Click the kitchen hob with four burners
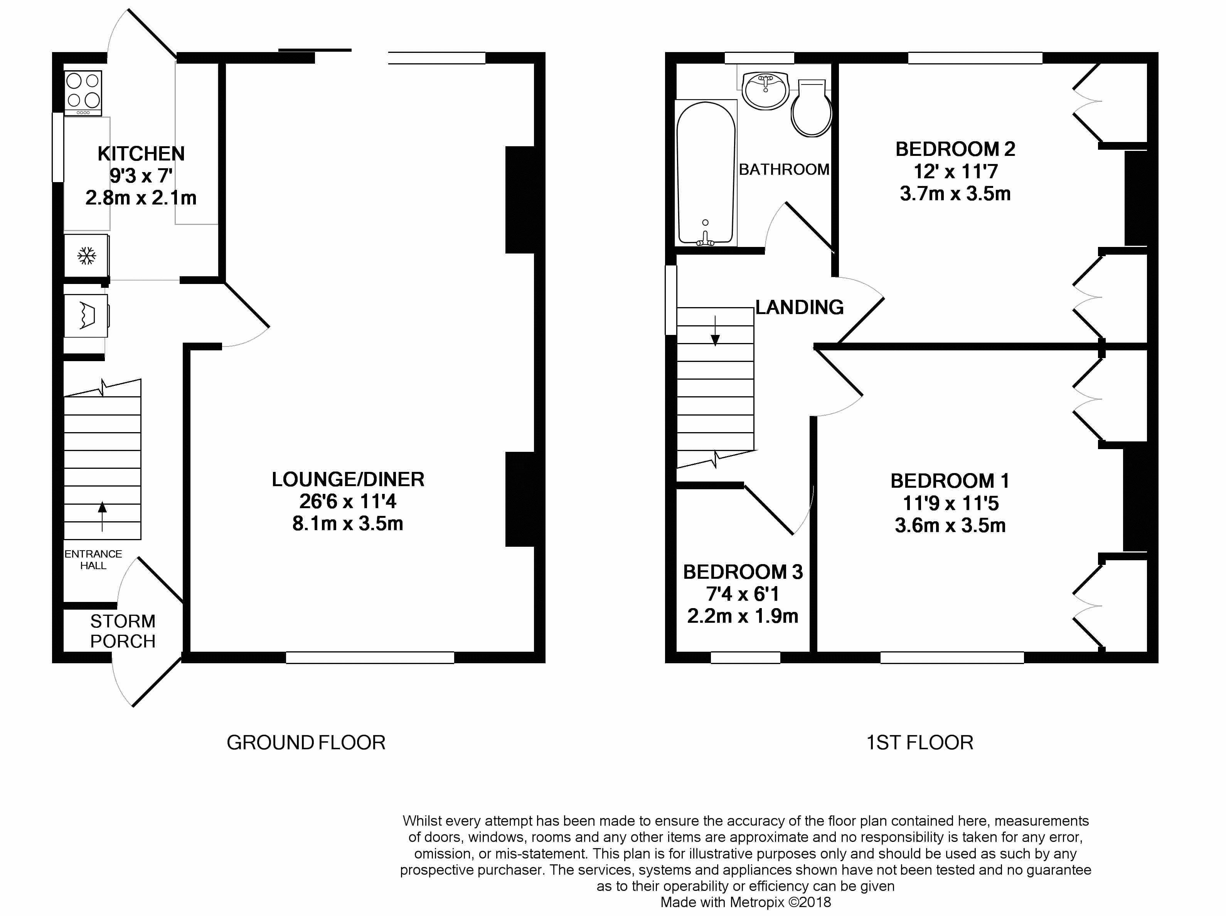pos(84,93)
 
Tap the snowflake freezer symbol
pos(86,255)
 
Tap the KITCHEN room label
pos(141,154)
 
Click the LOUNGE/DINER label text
pos(348,479)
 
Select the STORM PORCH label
pos(123,631)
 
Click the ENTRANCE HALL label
pos(93,559)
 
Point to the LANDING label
pos(800,307)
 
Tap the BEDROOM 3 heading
pos(743,572)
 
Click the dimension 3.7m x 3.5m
pos(955,194)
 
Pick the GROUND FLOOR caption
pos(306,742)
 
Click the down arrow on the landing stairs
pos(715,331)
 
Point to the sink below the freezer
pos(86,316)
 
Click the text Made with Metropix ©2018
pos(746,902)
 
